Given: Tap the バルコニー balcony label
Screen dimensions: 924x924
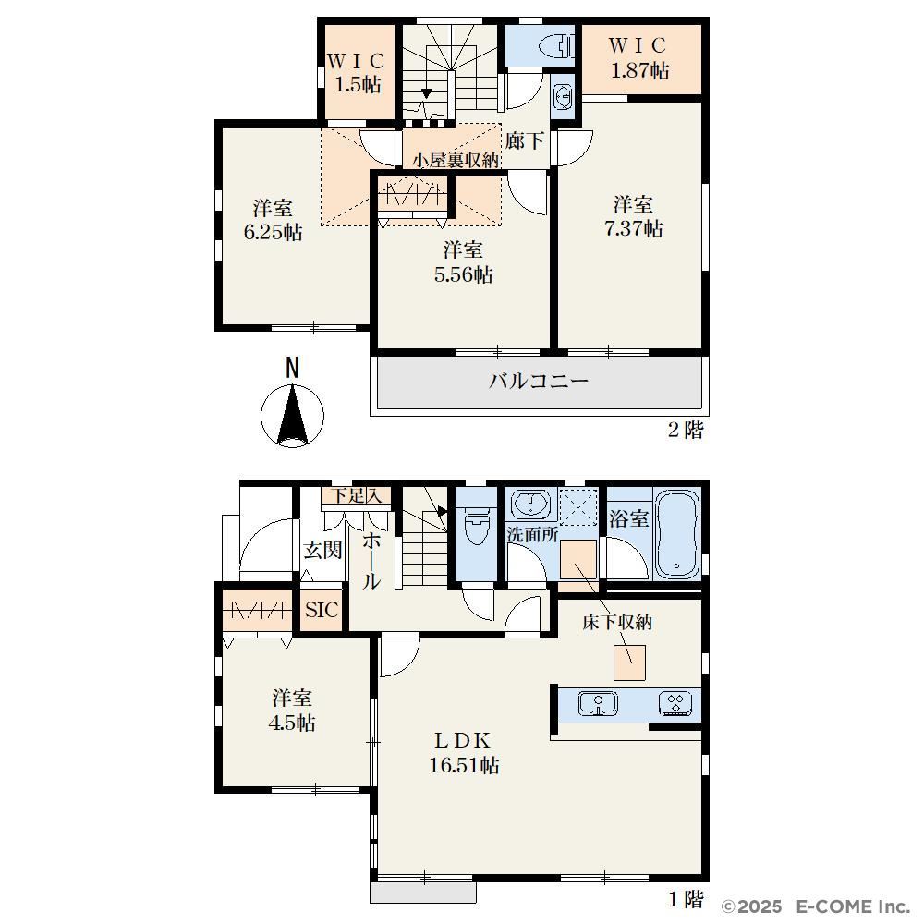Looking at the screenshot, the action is pos(539,382).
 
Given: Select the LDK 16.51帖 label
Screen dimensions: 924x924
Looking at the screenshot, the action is pos(464,752).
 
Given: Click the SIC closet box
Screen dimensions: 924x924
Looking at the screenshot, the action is pos(322,610).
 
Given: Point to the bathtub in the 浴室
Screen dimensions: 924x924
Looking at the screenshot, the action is pos(677,534).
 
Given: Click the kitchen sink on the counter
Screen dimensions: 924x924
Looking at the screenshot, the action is pos(598,703).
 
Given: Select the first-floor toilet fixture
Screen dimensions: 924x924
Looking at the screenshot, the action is pos(476,525).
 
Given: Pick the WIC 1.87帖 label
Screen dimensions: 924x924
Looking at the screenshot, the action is pos(638,57).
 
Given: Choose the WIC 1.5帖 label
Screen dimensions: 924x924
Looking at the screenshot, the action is pos(356,72).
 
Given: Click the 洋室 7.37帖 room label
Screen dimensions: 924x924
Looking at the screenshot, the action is pos(634,216).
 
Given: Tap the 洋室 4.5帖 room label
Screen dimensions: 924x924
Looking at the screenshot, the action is pos(292,710).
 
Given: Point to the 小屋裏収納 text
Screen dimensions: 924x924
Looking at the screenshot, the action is pos(456,160).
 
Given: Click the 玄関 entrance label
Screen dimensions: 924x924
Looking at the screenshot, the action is pos(322,551).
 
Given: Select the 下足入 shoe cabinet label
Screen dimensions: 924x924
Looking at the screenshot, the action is pos(356,495).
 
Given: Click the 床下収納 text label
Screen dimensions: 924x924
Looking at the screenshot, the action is pos(617,622).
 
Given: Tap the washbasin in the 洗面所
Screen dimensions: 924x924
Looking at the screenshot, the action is pos(531,504).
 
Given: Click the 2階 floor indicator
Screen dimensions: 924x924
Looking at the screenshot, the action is pos(686,430).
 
